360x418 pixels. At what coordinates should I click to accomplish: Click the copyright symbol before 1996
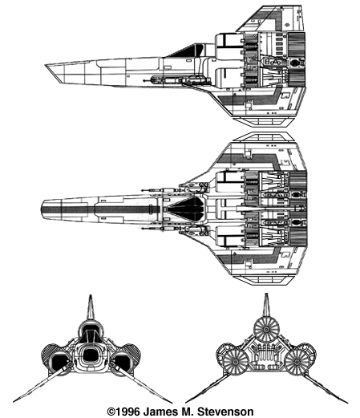pyautogui.click(x=111, y=412)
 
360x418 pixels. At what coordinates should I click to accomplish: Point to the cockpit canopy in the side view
pyautogui.click(x=188, y=51)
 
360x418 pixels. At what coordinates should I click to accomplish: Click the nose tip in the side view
pyautogui.click(x=46, y=65)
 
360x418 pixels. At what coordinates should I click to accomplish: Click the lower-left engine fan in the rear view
pyautogui.click(x=236, y=362)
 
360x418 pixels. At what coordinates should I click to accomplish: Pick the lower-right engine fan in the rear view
pyautogui.click(x=297, y=362)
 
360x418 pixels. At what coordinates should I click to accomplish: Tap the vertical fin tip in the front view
pyautogui.click(x=91, y=296)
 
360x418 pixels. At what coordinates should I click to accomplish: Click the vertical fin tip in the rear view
pyautogui.click(x=266, y=294)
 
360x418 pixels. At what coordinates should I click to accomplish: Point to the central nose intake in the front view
pyautogui.click(x=91, y=355)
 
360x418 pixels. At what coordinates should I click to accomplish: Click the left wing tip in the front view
pyautogui.click(x=14, y=401)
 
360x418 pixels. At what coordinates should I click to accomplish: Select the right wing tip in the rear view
pyautogui.click(x=347, y=402)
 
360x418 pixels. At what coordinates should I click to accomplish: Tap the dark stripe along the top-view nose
pyautogui.click(x=97, y=209)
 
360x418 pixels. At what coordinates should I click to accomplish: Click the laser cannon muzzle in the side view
pyautogui.click(x=144, y=80)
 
